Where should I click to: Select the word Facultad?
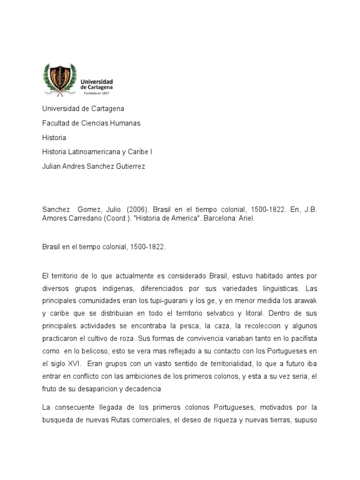tap(55, 123)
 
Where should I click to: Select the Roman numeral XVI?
tap(73, 363)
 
